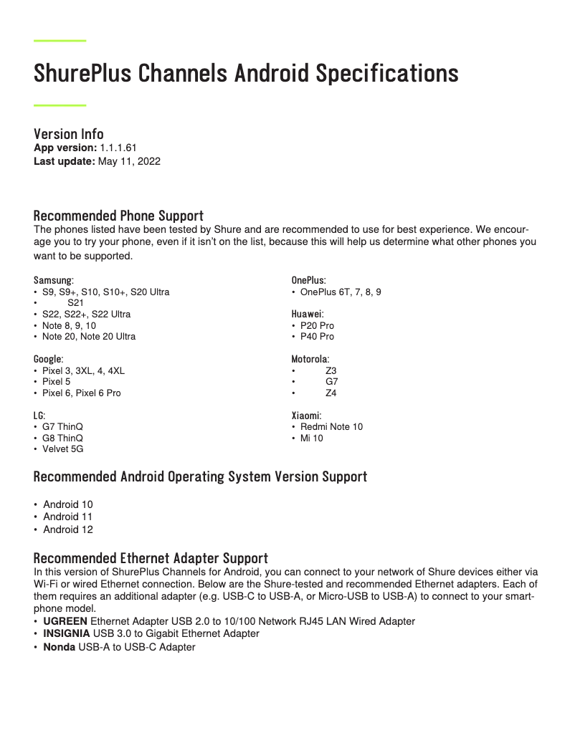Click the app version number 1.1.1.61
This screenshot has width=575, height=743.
click(x=118, y=148)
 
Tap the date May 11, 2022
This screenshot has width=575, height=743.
click(x=129, y=161)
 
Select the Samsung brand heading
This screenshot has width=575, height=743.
click(x=53, y=280)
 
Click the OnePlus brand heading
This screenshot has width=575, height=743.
click(x=308, y=280)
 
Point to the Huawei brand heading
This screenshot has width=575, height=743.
click(x=308, y=314)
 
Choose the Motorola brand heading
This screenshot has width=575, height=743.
click(x=310, y=358)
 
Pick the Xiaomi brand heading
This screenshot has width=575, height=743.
click(x=306, y=415)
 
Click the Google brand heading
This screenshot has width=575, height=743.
click(x=48, y=358)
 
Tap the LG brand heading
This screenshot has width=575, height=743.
click(x=39, y=415)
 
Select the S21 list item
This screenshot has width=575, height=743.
click(x=75, y=303)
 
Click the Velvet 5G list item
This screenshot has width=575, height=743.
click(x=62, y=449)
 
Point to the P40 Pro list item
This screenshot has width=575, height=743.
click(x=317, y=336)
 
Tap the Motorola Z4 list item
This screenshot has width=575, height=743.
click(x=331, y=393)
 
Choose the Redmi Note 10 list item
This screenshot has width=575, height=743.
click(x=331, y=426)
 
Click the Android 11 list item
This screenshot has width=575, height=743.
click(x=67, y=517)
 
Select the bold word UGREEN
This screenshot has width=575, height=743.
click(x=65, y=621)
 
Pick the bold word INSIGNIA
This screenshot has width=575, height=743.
click(x=66, y=634)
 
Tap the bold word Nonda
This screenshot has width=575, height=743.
click(x=59, y=647)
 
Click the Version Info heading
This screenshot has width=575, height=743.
click(x=69, y=134)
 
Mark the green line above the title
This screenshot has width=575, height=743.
click(x=60, y=41)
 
